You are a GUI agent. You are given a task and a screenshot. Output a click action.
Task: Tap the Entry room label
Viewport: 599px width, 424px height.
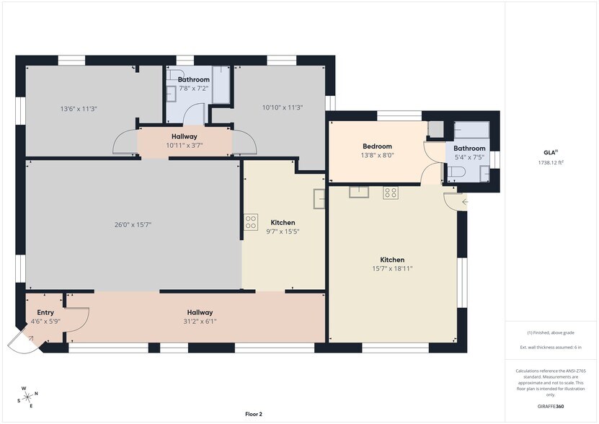45,312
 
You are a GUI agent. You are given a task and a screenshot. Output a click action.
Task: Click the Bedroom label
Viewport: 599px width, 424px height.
377,146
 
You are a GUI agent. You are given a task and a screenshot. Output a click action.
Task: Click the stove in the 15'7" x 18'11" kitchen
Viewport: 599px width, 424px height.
390,192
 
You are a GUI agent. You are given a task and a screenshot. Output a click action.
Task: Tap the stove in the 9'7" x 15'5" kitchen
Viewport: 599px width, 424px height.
251,223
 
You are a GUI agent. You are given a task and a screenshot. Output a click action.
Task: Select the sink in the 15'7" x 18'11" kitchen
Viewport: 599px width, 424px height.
358,192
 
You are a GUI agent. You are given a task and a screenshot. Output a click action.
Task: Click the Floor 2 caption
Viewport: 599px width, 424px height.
253,414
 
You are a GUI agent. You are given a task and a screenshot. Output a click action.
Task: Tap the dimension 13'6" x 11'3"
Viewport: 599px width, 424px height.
78,108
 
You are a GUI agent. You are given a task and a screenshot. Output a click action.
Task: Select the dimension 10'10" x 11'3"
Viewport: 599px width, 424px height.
281,107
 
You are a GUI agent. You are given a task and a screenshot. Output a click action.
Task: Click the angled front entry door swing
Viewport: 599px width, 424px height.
23,342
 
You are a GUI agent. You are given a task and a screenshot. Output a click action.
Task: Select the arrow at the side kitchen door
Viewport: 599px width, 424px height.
463,200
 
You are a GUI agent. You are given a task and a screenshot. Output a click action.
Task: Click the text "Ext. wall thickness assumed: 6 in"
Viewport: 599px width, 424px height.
551,348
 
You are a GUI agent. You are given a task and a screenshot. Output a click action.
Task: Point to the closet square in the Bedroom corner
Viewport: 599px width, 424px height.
436,129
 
